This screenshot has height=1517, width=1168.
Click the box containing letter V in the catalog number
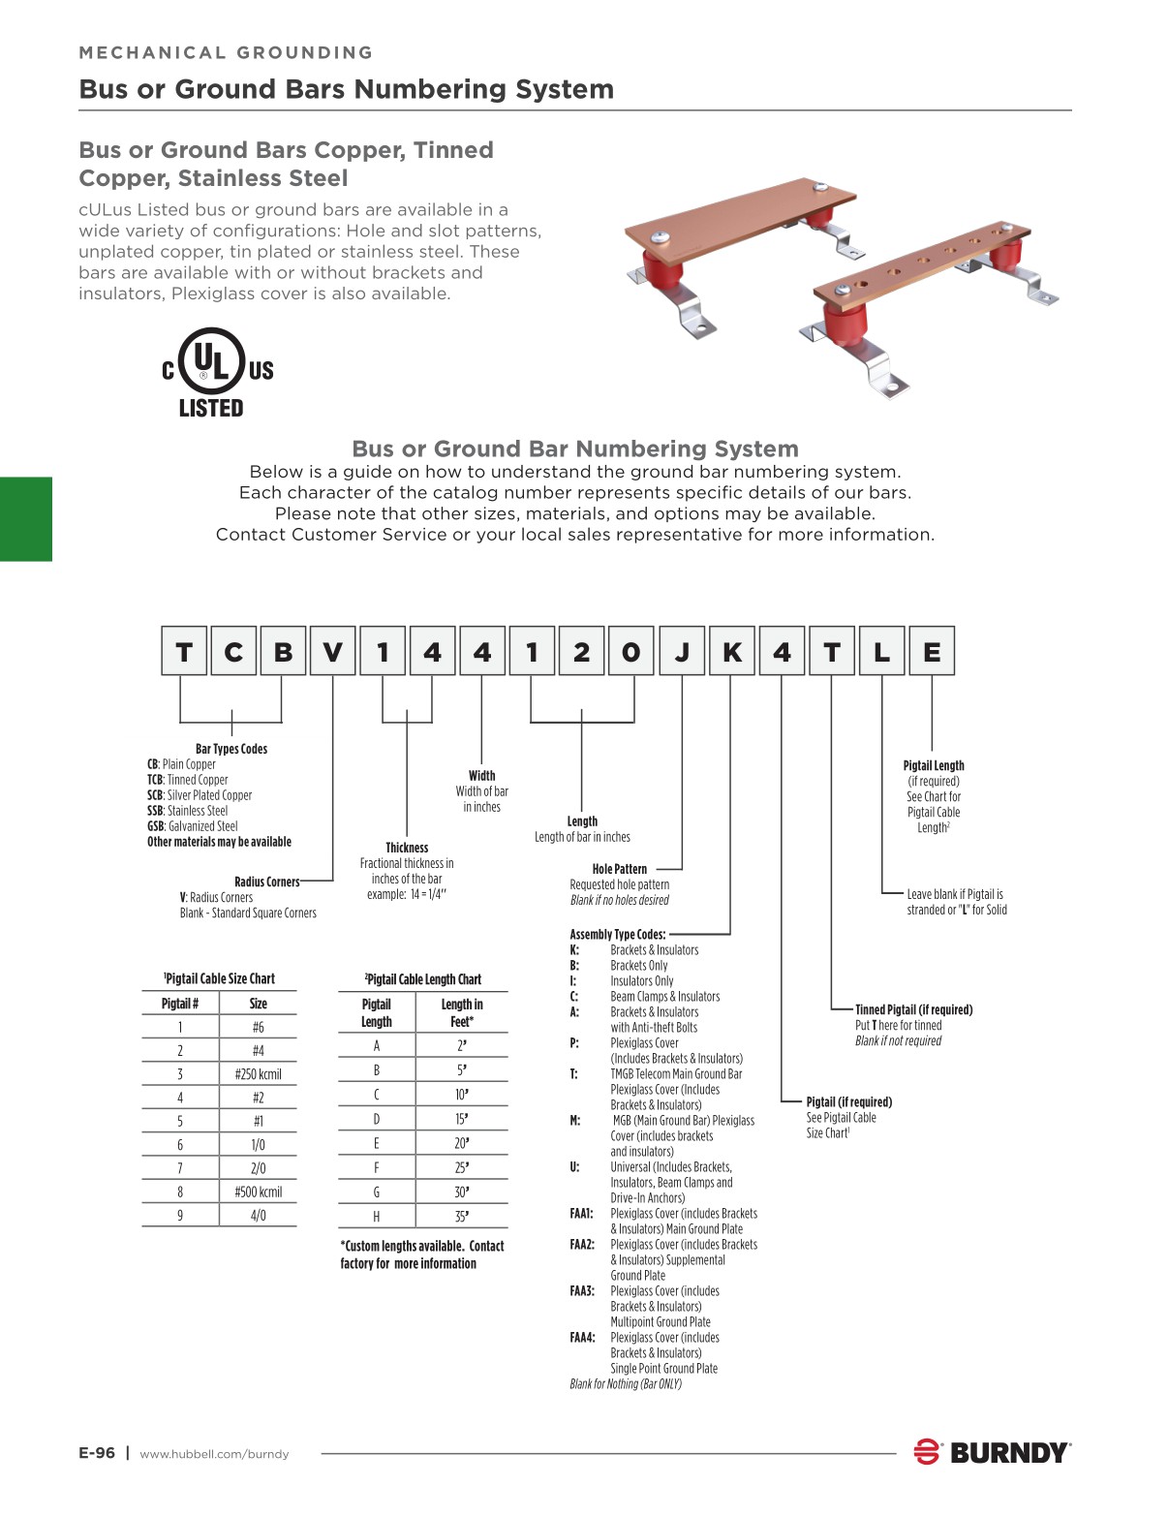tap(332, 651)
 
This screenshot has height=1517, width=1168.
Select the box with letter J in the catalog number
tap(682, 651)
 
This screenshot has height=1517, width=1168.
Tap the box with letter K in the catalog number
tap(732, 651)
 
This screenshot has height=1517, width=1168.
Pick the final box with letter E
tap(932, 651)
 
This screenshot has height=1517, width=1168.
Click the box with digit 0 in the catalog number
tap(631, 651)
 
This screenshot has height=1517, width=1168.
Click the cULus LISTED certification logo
tap(217, 374)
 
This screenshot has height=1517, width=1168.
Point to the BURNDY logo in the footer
tap(992, 1452)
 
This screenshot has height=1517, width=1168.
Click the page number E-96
tap(97, 1453)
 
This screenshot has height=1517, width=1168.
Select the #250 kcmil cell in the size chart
tap(259, 1074)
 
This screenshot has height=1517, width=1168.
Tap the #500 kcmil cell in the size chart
tap(259, 1192)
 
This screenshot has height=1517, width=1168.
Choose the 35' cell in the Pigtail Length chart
tap(462, 1217)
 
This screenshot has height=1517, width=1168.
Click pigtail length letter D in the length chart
tap(377, 1119)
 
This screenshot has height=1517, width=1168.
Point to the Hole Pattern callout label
tap(620, 869)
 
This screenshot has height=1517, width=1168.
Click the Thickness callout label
tap(407, 848)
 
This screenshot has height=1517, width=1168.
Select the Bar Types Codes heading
tap(231, 749)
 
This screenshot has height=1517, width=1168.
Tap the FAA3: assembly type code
tap(582, 1291)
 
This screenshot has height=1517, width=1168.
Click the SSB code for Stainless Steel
tap(156, 811)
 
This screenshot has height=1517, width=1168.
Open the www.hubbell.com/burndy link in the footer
tap(214, 1454)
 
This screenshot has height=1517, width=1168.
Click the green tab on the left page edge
tap(26, 518)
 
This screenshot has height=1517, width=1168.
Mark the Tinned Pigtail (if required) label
tap(913, 1009)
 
